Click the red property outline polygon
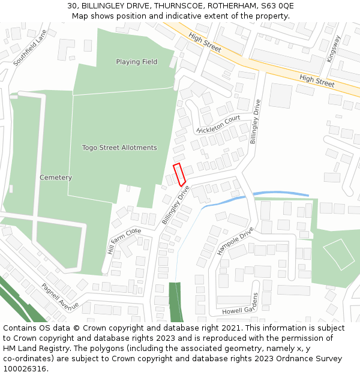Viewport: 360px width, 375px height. (x=179, y=174)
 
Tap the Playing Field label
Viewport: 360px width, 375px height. (x=137, y=62)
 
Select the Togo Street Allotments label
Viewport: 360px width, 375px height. (x=119, y=148)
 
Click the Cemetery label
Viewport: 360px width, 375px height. (x=56, y=178)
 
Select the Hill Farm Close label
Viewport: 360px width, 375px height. (x=124, y=240)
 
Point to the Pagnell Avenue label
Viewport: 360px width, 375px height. (x=60, y=297)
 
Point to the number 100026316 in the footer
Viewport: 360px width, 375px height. (x=25, y=368)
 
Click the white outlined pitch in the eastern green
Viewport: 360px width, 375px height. (x=340, y=254)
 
